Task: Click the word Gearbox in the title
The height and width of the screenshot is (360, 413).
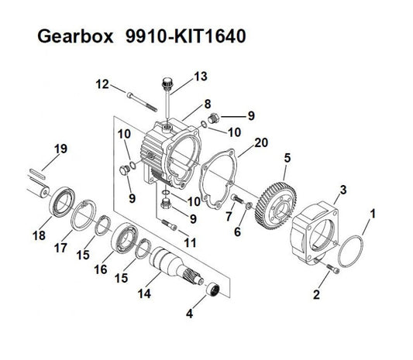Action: click(75, 36)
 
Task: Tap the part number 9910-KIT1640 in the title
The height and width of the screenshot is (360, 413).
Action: click(186, 36)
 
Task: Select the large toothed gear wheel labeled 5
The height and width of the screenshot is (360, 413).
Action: click(276, 205)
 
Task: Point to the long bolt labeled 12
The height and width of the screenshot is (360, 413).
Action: click(143, 102)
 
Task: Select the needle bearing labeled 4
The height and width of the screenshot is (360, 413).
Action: click(212, 290)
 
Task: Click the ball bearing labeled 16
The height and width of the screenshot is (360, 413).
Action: click(124, 238)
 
